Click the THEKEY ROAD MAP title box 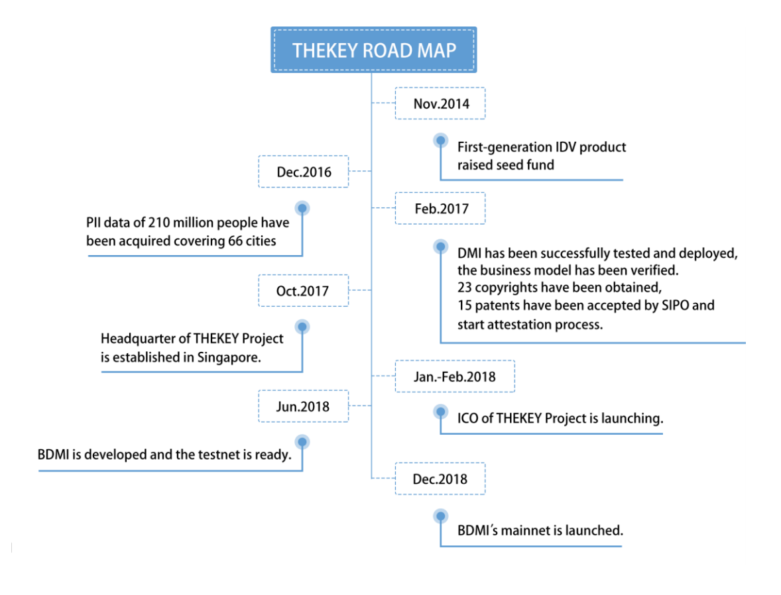pyautogui.click(x=373, y=50)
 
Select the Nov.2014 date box pyautogui.click(x=440, y=103)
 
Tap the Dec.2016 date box pyautogui.click(x=304, y=172)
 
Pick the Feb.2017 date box pyautogui.click(x=440, y=209)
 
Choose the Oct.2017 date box pyautogui.click(x=302, y=290)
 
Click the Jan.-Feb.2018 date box pyautogui.click(x=455, y=376)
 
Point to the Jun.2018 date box pyautogui.click(x=302, y=406)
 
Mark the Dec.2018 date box pyautogui.click(x=440, y=478)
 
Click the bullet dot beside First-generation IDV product pyautogui.click(x=440, y=140)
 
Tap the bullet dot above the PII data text pyautogui.click(x=302, y=208)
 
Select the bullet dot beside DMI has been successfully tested pyautogui.click(x=440, y=246)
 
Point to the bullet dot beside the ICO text pyautogui.click(x=440, y=411)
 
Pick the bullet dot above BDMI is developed pyautogui.click(x=302, y=441)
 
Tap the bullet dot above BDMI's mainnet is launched pyautogui.click(x=440, y=516)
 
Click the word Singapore pyautogui.click(x=231, y=357)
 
